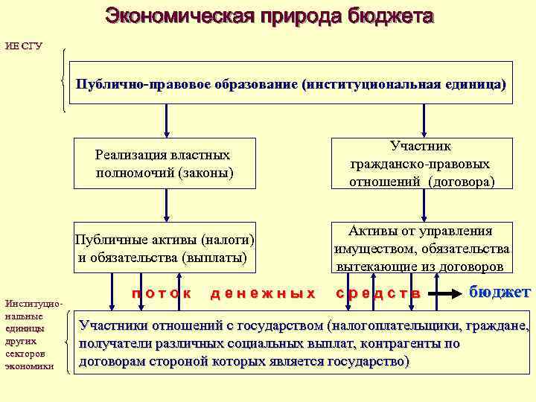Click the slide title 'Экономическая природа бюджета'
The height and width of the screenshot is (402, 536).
pyautogui.click(x=269, y=16)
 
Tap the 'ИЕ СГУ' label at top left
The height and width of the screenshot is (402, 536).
pyautogui.click(x=24, y=46)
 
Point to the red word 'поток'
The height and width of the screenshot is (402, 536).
pyautogui.click(x=162, y=293)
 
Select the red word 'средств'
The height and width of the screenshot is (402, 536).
pyautogui.click(x=378, y=293)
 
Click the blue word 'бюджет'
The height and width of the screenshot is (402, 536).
pyautogui.click(x=500, y=292)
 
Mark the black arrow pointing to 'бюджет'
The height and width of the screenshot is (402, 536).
pyautogui.click(x=446, y=294)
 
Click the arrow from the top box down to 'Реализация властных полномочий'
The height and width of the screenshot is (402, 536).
pyautogui.click(x=166, y=119)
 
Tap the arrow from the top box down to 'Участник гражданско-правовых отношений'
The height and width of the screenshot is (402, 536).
pyautogui.click(x=424, y=119)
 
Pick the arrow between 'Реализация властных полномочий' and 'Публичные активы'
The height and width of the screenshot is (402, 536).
pyautogui.click(x=166, y=205)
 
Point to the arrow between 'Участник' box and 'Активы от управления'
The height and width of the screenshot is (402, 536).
pyautogui.click(x=424, y=205)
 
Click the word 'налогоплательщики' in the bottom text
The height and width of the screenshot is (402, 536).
pyautogui.click(x=405, y=326)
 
